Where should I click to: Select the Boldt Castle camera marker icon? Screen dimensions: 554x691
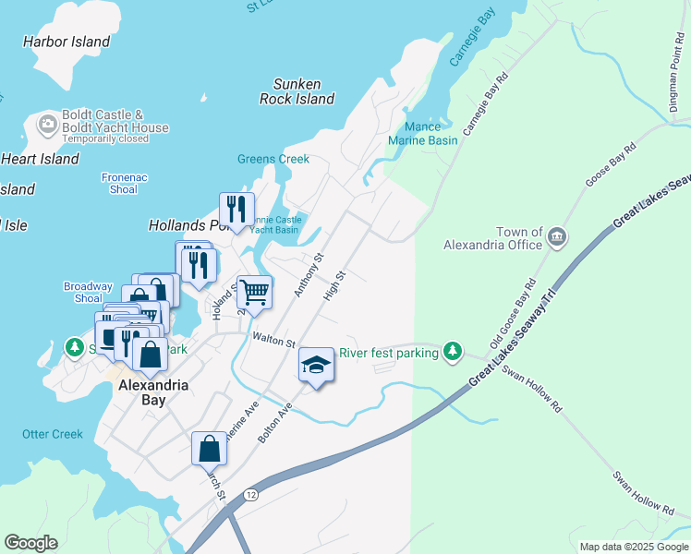tap(47, 123)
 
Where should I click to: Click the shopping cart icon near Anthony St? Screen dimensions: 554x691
tap(254, 294)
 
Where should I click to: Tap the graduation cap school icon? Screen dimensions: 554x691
tap(316, 366)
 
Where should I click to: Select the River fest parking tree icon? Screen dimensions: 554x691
tap(452, 351)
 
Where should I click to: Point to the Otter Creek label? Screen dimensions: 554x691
tap(53, 434)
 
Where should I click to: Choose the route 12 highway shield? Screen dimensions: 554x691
tap(251, 496)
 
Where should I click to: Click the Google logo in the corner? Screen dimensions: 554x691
tap(30, 543)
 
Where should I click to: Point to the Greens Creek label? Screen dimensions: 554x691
tap(273, 159)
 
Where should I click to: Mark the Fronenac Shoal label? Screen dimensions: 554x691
tap(119, 183)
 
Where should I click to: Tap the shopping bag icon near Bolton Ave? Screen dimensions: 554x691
tap(210, 448)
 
